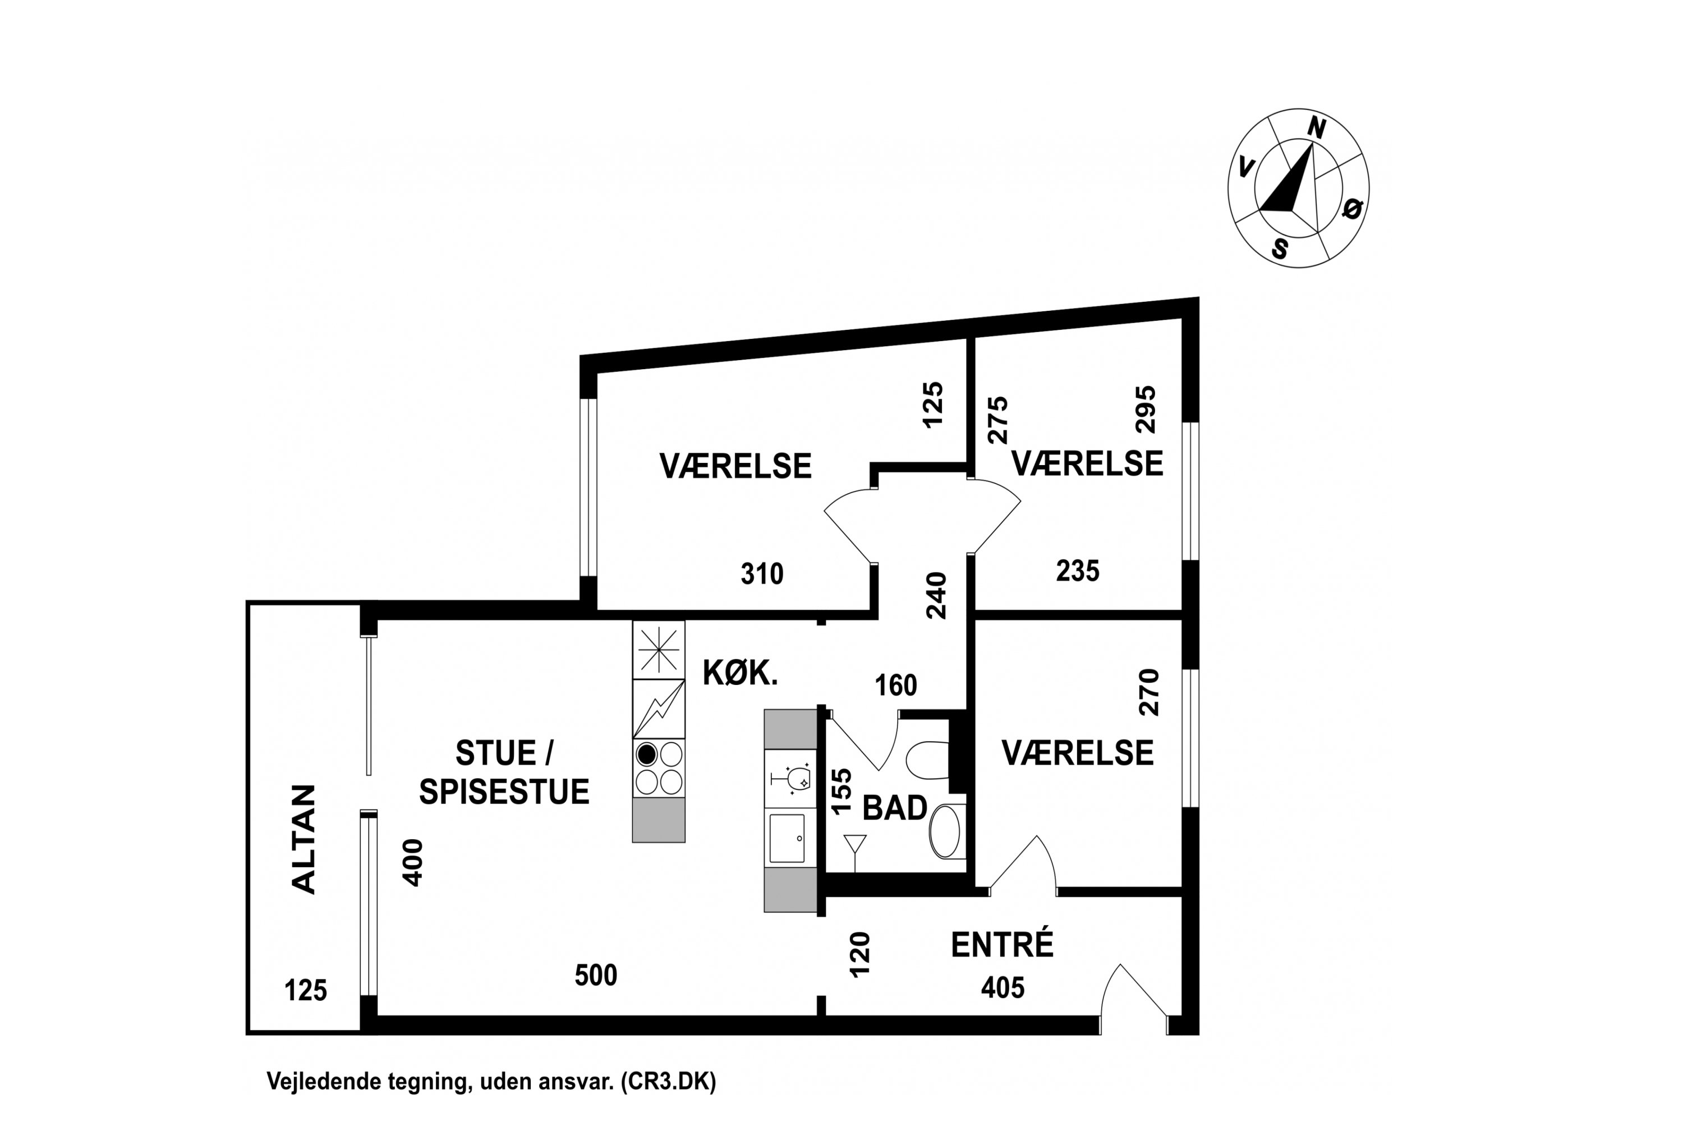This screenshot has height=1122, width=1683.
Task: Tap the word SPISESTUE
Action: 504,792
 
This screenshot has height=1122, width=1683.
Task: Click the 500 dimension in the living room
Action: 596,976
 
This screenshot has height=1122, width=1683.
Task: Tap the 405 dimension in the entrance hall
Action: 1003,987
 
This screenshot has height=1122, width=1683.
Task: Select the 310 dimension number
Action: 762,574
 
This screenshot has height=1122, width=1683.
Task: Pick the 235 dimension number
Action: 1078,571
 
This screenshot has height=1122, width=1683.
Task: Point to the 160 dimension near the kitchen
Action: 896,686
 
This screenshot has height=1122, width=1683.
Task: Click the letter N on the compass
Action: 1317,129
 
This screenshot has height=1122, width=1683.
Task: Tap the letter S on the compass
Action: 1280,249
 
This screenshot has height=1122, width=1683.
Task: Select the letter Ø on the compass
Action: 1353,209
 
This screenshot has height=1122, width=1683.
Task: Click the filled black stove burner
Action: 647,754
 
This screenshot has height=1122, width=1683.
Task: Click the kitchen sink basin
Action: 787,839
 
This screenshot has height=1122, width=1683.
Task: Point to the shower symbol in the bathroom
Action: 855,852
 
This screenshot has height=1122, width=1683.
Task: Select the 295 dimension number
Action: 1146,410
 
